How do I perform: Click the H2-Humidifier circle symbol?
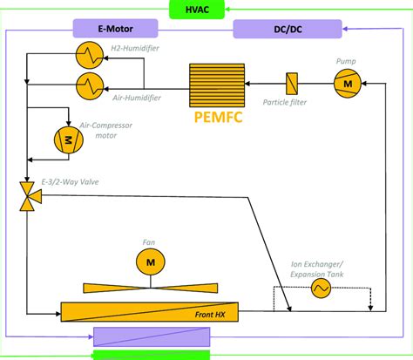coord(89,55)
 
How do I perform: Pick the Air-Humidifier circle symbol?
coord(89,85)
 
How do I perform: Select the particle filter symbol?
coord(292,85)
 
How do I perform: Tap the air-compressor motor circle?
coord(66,138)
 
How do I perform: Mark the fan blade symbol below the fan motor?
coord(150,287)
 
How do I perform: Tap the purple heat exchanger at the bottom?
coord(151,335)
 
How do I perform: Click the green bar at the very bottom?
coord(151,354)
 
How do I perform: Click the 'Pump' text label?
coord(346,61)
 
